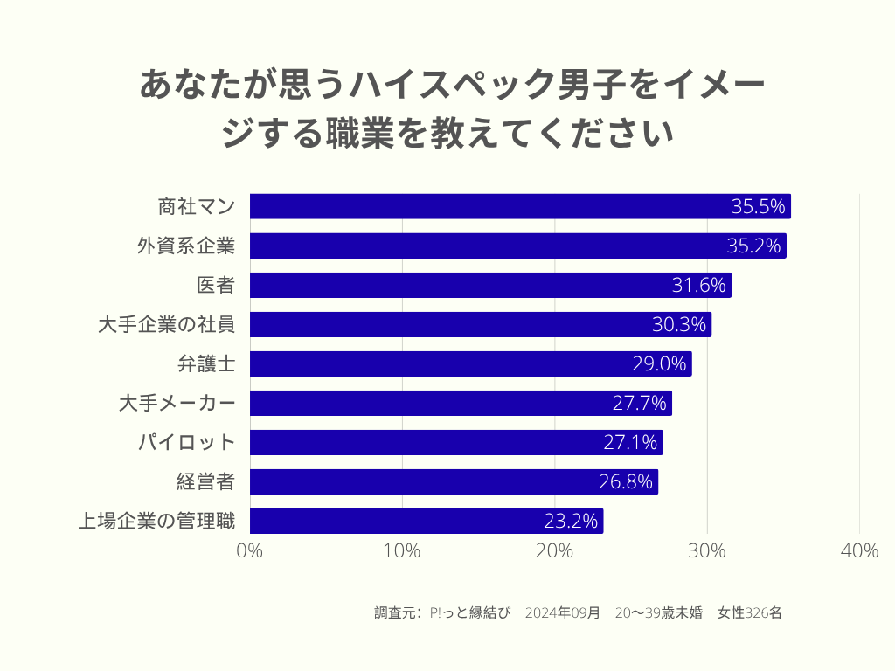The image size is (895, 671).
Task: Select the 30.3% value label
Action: (679, 325)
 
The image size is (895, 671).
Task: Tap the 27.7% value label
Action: (640, 404)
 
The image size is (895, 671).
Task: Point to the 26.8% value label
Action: (626, 482)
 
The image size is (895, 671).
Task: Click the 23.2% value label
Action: (572, 522)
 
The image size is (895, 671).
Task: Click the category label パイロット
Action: (187, 442)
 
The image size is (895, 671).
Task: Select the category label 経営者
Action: (205, 481)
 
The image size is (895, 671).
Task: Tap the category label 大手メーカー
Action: (177, 403)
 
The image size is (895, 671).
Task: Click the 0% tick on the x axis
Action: (250, 551)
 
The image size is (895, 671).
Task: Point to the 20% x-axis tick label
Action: (554, 551)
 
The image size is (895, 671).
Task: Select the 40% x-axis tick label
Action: (859, 551)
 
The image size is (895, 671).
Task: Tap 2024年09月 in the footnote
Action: (563, 612)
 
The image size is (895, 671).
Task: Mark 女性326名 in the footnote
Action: (749, 612)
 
